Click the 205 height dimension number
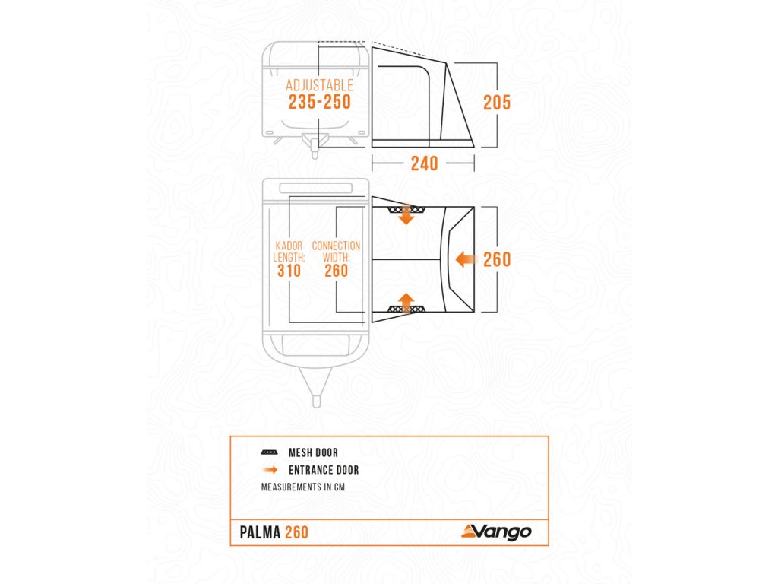[x=497, y=103]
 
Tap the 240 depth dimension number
[x=424, y=163]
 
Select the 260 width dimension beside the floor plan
[x=497, y=260]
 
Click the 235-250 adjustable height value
[x=319, y=102]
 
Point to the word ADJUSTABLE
[x=319, y=85]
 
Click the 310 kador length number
[x=289, y=271]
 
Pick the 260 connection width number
[x=336, y=271]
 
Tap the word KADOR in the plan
[x=289, y=246]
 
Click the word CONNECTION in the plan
[x=336, y=246]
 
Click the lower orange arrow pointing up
[x=406, y=303]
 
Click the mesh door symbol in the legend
[x=269, y=452]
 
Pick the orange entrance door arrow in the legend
[x=270, y=470]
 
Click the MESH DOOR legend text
[x=313, y=453]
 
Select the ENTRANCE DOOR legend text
[x=324, y=470]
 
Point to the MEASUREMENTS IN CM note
[x=302, y=487]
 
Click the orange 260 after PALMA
[x=297, y=532]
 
